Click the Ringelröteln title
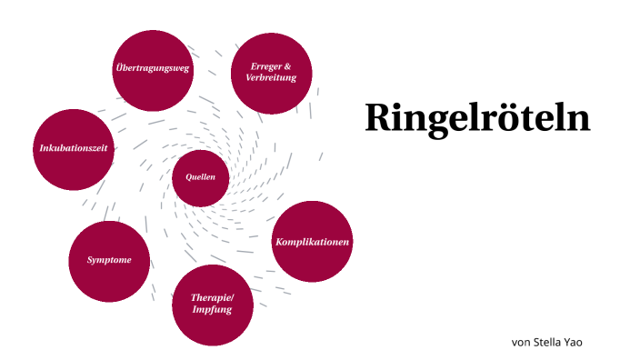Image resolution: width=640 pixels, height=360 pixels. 477,118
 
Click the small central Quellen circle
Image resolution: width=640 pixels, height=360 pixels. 200,176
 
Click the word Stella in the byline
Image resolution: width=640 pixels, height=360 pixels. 550,342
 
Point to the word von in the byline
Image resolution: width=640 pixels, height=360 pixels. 521,342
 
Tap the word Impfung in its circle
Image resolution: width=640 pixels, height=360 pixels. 211,310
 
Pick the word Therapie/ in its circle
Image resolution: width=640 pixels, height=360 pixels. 211,297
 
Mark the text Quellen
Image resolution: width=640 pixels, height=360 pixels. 200,176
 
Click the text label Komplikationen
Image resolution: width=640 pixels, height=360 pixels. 312,242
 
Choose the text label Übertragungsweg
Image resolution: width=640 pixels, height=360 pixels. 153,69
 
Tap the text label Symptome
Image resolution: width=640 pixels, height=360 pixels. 109,260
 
